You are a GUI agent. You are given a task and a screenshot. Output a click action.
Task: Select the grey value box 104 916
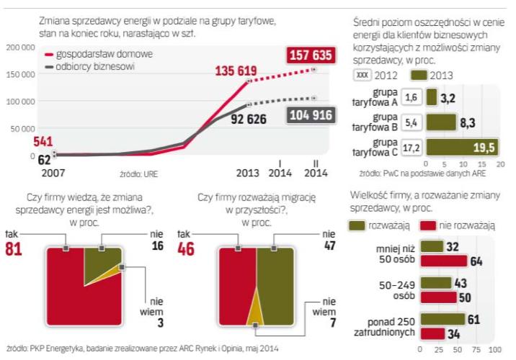(x=311, y=115)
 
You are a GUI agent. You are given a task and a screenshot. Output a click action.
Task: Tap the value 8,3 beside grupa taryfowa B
(x=468, y=123)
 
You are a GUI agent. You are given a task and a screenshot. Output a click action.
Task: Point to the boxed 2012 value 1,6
(x=412, y=96)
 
